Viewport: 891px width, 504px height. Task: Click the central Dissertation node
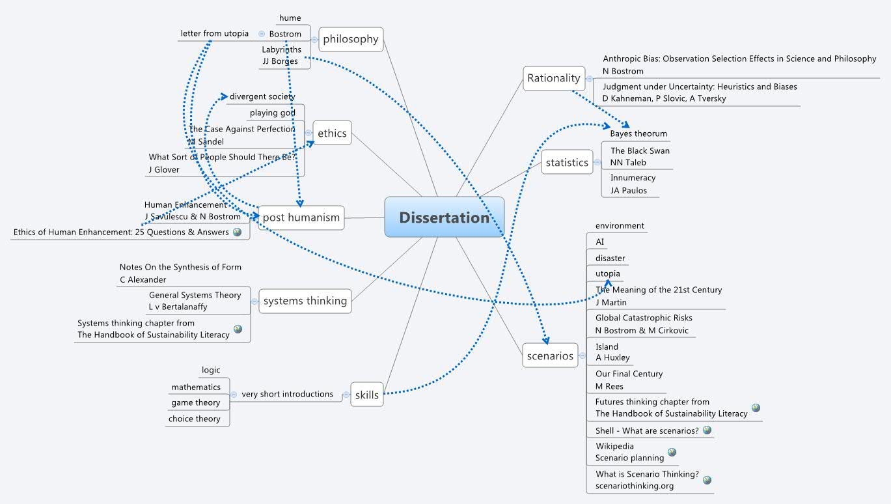(445, 217)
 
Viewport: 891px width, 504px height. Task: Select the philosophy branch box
(351, 39)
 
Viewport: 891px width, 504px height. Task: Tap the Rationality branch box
(553, 78)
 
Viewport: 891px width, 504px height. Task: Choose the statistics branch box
(566, 163)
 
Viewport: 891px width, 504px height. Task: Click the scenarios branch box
(550, 356)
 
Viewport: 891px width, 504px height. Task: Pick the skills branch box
(367, 395)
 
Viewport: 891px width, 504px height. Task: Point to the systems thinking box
(305, 301)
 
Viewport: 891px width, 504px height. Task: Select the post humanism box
(301, 217)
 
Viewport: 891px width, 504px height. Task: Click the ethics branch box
(332, 133)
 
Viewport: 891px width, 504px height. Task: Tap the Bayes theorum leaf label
(638, 133)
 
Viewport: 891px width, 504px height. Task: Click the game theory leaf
(195, 402)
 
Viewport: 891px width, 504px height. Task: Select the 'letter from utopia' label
(214, 33)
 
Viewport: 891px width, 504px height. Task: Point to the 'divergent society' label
(262, 96)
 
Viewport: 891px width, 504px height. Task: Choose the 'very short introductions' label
(287, 394)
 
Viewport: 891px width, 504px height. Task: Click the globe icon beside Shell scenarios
(707, 430)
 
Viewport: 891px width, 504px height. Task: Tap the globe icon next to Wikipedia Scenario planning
(672, 452)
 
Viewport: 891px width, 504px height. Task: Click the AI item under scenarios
(600, 242)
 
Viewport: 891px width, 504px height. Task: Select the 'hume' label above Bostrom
(290, 18)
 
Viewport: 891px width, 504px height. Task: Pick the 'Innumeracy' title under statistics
(633, 177)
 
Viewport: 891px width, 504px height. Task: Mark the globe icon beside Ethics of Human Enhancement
(237, 232)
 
